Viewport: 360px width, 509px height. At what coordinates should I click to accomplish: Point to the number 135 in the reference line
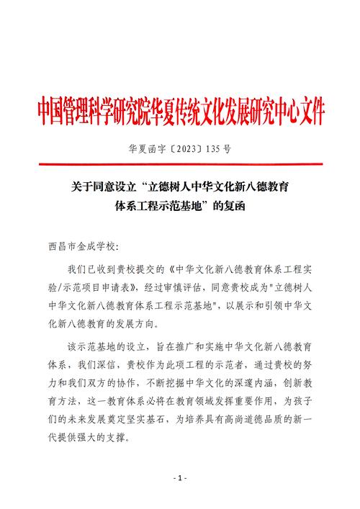214,150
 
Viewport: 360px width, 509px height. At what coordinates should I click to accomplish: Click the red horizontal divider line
180,168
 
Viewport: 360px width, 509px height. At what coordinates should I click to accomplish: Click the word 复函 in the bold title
235,206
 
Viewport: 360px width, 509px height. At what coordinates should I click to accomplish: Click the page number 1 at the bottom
180,478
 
